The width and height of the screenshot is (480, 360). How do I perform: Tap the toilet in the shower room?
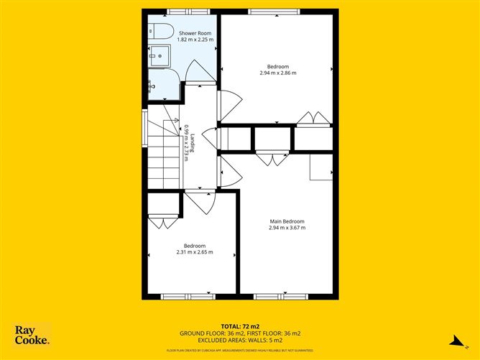[160, 30]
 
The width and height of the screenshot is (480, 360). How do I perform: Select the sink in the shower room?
[159, 56]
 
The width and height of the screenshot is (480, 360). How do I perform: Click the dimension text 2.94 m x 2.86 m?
[277, 73]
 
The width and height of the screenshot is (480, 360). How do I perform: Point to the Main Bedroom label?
[287, 221]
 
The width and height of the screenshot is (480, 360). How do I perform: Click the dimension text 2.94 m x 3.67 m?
[287, 228]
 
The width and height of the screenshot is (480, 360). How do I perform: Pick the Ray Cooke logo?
[32, 335]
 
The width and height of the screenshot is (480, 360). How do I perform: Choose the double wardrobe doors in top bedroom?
[313, 119]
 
